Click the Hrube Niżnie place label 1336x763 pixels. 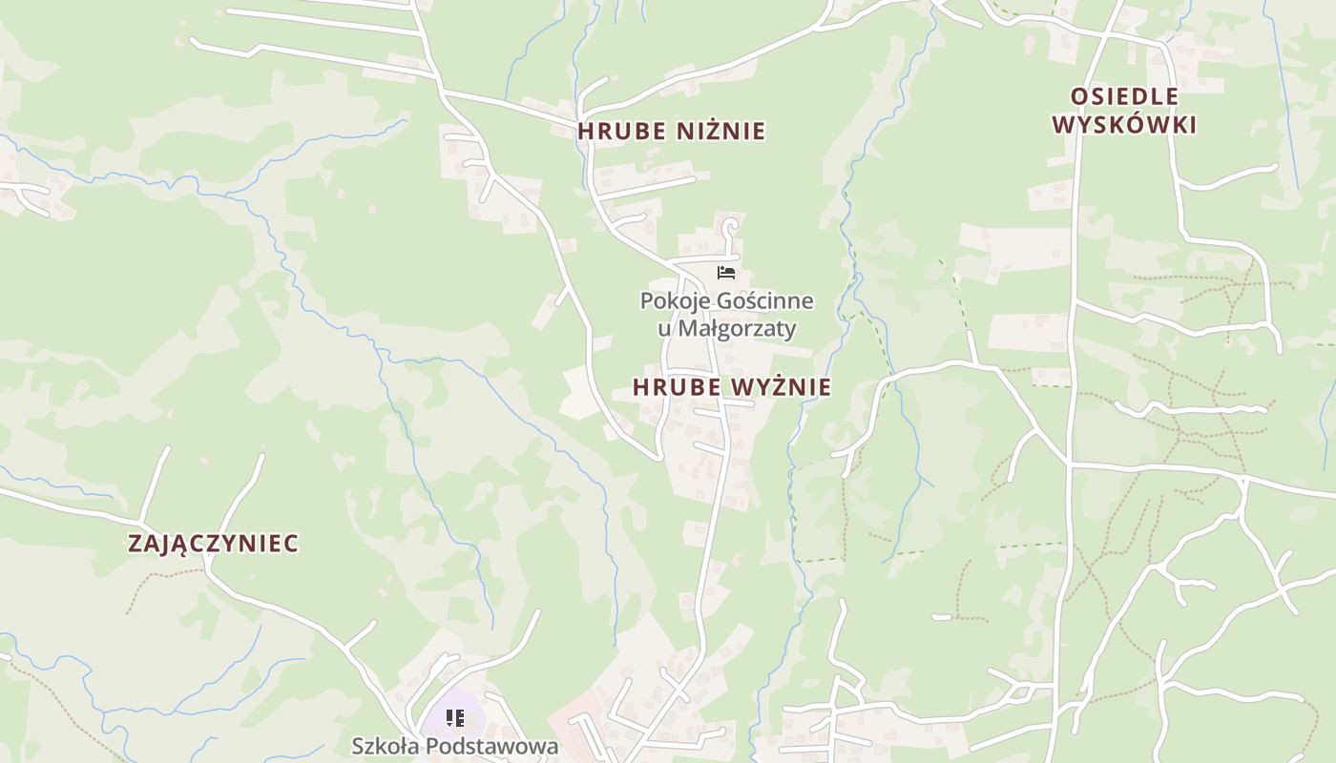tap(671, 131)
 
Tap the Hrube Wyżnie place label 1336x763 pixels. tap(731, 387)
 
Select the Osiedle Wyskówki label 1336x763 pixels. tap(1124, 111)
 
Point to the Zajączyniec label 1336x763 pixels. tap(213, 544)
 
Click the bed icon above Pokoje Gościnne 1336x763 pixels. tap(726, 273)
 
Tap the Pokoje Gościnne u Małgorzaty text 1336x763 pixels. tap(727, 315)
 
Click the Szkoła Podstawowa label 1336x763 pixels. tap(454, 746)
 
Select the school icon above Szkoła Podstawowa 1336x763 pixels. tap(455, 718)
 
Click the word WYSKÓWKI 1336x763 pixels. tap(1124, 125)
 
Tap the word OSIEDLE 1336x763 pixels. tap(1124, 96)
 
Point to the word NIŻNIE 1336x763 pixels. tap(721, 131)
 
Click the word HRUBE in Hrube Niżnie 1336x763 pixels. tap(621, 131)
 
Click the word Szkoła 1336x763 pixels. tap(386, 746)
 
